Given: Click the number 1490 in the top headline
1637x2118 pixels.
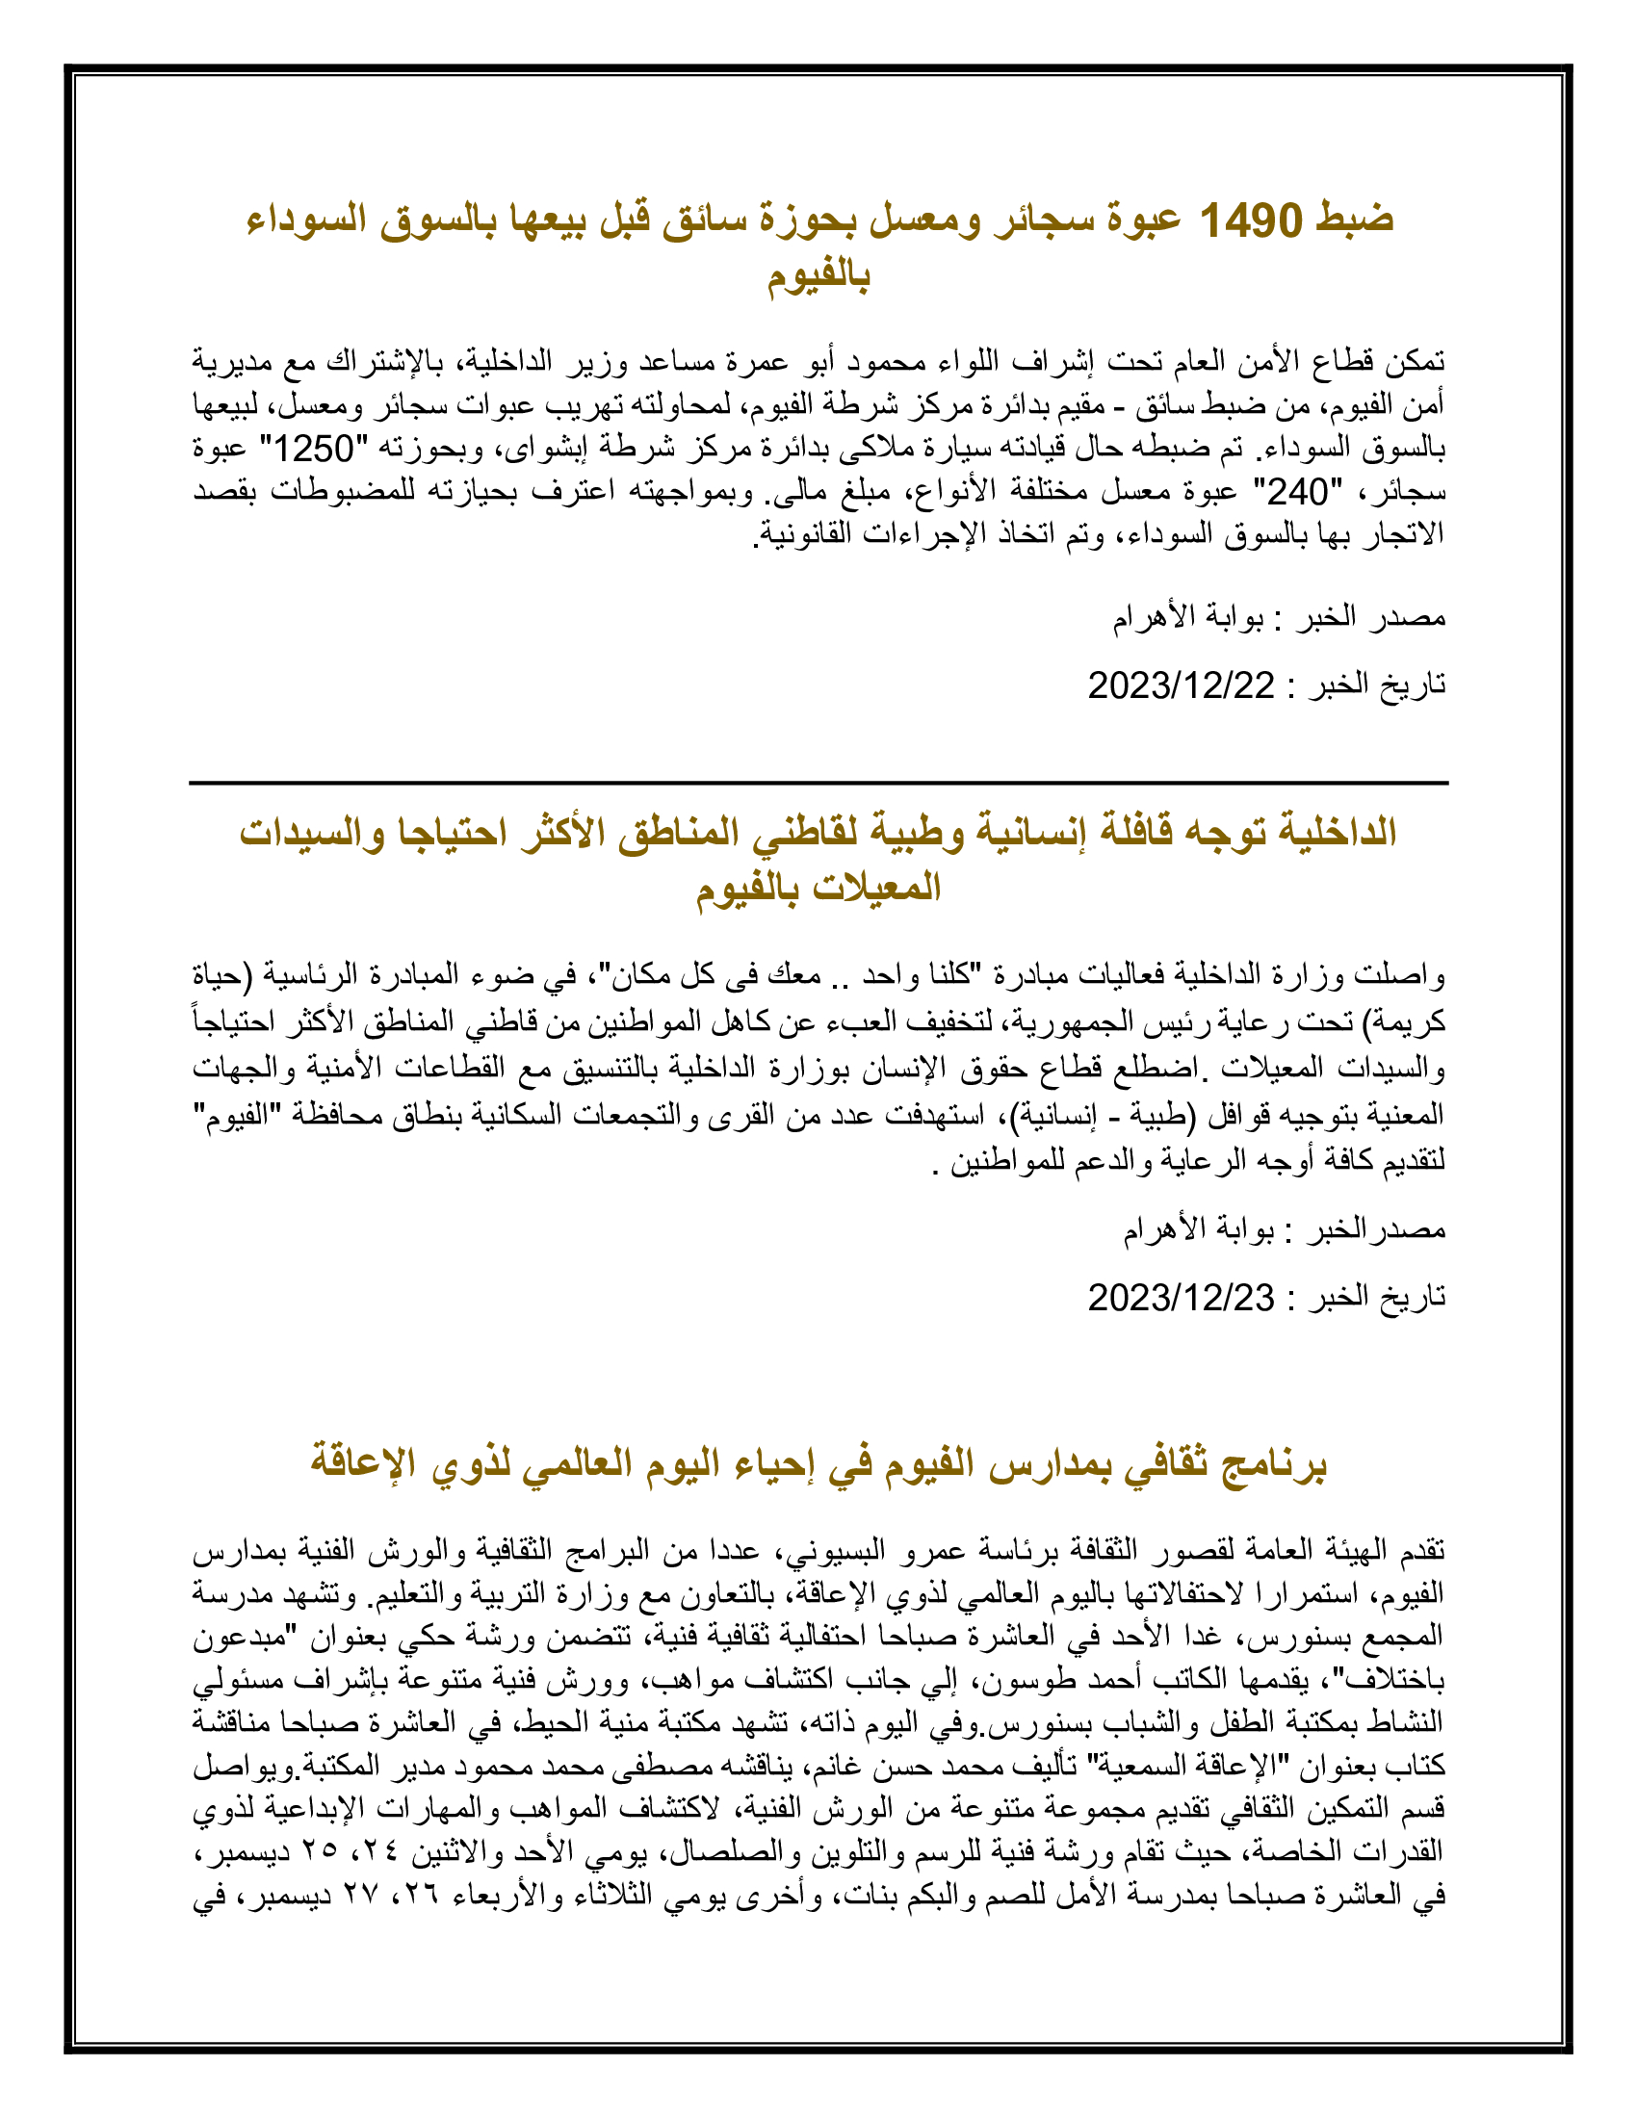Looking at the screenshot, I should point(1251,221).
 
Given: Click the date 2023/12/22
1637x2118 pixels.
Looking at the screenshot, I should point(1181,685).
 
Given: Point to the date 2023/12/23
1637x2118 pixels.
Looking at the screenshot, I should point(1181,1297).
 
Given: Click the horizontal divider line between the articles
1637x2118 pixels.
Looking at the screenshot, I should point(818,783).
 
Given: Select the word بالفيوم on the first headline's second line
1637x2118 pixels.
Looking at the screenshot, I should point(818,278).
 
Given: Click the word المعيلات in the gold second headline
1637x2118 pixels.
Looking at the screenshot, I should point(879,889).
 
